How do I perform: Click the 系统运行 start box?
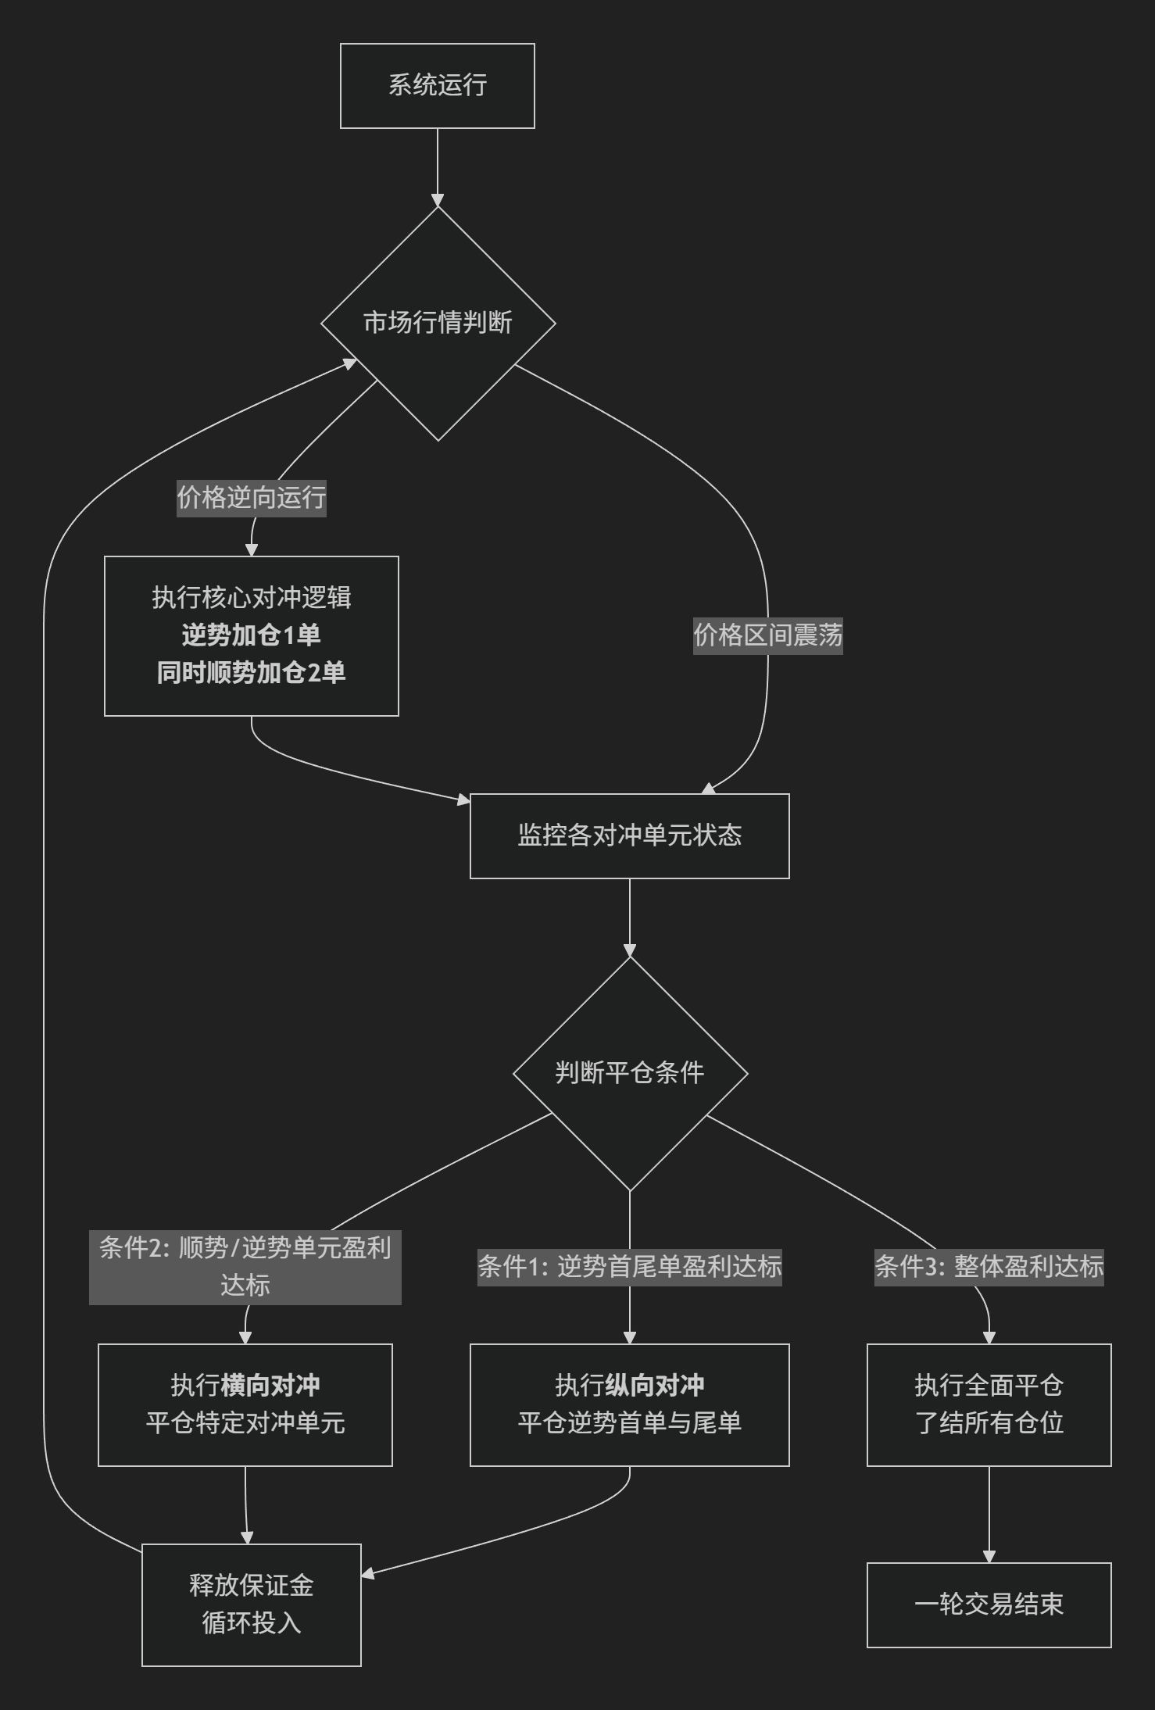(x=437, y=85)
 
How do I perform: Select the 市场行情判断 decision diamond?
(x=438, y=323)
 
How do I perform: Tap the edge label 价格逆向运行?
(x=251, y=497)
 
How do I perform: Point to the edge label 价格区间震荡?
(x=767, y=635)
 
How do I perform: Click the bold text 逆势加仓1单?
(x=251, y=635)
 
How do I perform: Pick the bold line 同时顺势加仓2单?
(x=251, y=672)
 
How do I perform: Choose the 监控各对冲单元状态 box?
(x=629, y=835)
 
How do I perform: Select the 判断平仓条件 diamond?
(x=630, y=1073)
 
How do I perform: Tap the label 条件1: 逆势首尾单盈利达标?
(x=629, y=1266)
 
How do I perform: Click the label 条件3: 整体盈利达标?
(x=989, y=1266)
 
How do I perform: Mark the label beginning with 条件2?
(x=245, y=1266)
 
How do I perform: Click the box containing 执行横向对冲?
(x=245, y=1404)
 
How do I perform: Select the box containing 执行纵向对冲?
(x=629, y=1404)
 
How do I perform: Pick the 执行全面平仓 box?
(x=989, y=1404)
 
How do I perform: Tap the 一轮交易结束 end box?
(x=989, y=1604)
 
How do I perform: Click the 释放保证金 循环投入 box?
(x=251, y=1604)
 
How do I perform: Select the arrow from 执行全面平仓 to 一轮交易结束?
(x=989, y=1514)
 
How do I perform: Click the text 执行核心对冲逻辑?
(x=251, y=597)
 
